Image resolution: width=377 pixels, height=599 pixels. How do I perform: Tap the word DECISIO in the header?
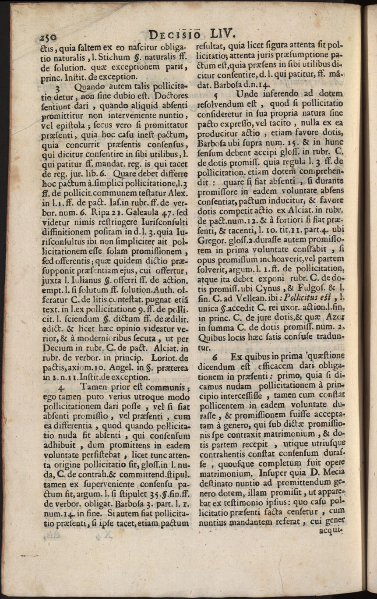point(175,34)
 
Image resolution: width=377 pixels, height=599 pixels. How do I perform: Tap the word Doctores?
point(168,95)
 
